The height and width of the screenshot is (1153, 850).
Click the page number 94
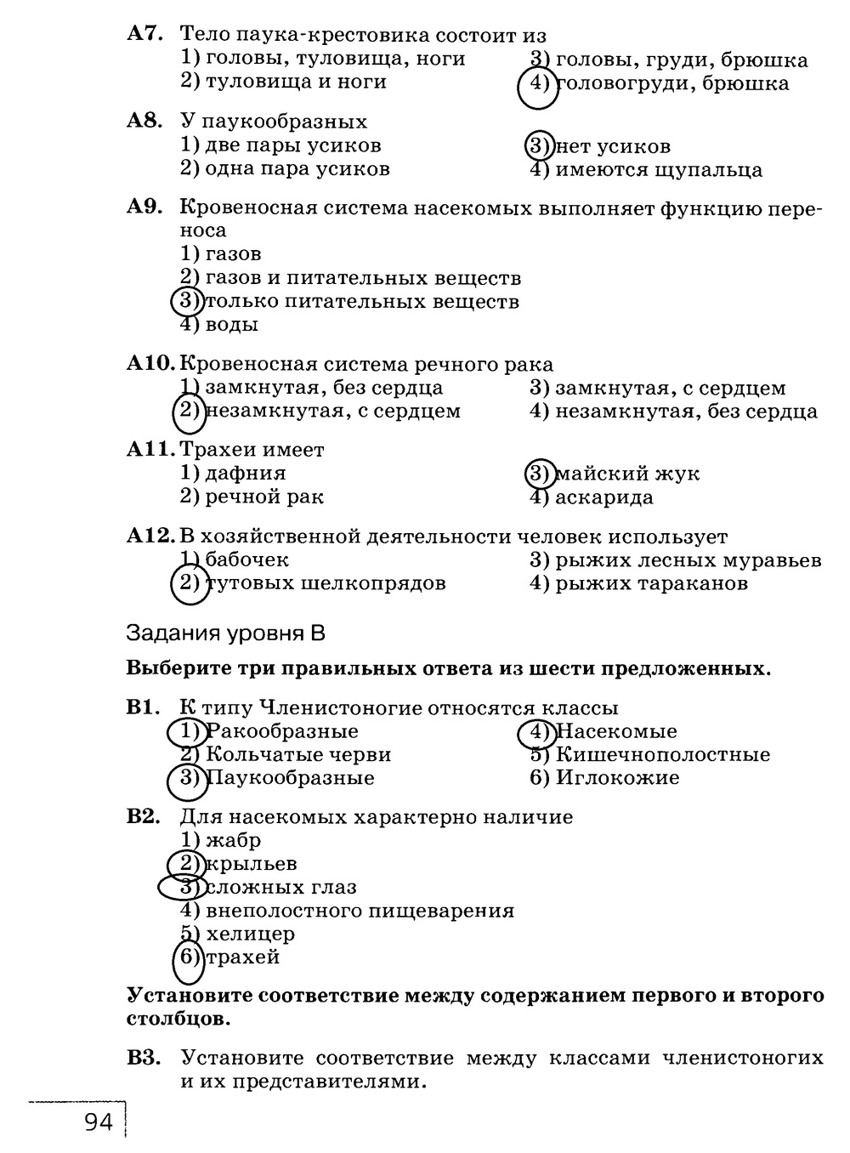[x=99, y=1122]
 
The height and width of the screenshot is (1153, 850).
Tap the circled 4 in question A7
[x=537, y=84]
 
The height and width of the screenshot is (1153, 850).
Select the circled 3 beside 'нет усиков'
[x=538, y=146]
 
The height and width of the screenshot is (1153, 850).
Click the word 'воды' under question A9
[x=232, y=324]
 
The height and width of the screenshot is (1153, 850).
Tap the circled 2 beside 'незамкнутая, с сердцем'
[x=189, y=412]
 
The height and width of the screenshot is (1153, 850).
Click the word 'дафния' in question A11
[x=246, y=473]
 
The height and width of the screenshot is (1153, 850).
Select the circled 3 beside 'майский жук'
[x=538, y=474]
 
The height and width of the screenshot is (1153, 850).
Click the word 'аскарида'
[x=604, y=497]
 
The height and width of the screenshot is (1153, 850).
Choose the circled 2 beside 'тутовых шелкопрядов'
[x=189, y=583]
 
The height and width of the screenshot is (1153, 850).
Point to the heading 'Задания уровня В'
[x=225, y=633]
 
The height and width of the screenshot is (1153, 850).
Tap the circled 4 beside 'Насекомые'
[x=537, y=731]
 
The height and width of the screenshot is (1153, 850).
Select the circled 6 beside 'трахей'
[x=188, y=957]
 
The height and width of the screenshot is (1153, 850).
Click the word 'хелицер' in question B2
[x=251, y=934]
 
